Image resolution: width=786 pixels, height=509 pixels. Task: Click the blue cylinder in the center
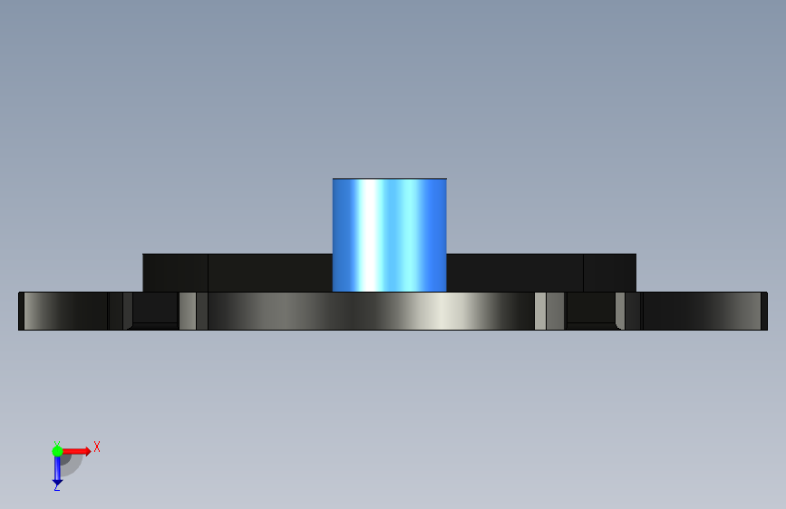coord(390,235)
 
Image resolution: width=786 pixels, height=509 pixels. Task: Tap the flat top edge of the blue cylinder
coord(390,178)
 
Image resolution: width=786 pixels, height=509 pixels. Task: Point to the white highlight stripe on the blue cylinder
coord(370,235)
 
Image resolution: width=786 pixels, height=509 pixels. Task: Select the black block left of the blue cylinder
coord(238,273)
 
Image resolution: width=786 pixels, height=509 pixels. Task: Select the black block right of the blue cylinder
coord(541,273)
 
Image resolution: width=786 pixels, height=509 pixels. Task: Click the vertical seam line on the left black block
coord(208,273)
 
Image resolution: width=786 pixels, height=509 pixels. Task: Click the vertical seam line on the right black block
coord(584,273)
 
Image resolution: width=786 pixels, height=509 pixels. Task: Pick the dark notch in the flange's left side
coord(155,309)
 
